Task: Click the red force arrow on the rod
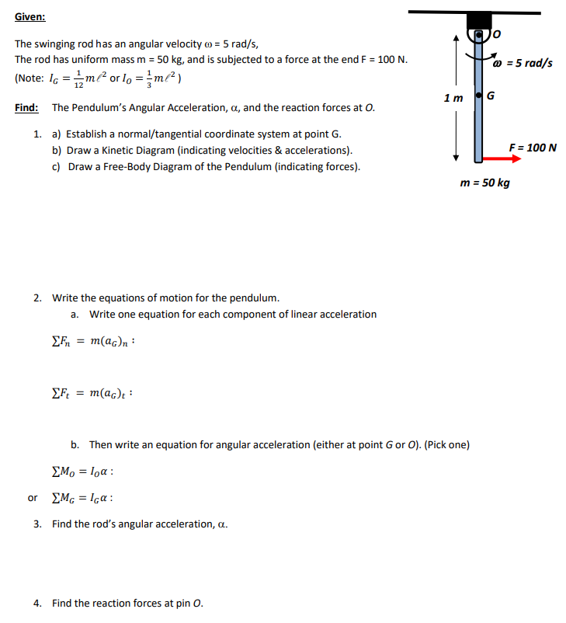(501, 158)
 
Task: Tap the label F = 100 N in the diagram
(533, 147)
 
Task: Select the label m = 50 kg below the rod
(484, 183)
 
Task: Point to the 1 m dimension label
(453, 98)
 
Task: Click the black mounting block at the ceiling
(479, 22)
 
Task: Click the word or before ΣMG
(32, 498)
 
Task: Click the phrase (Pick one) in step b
(446, 445)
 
